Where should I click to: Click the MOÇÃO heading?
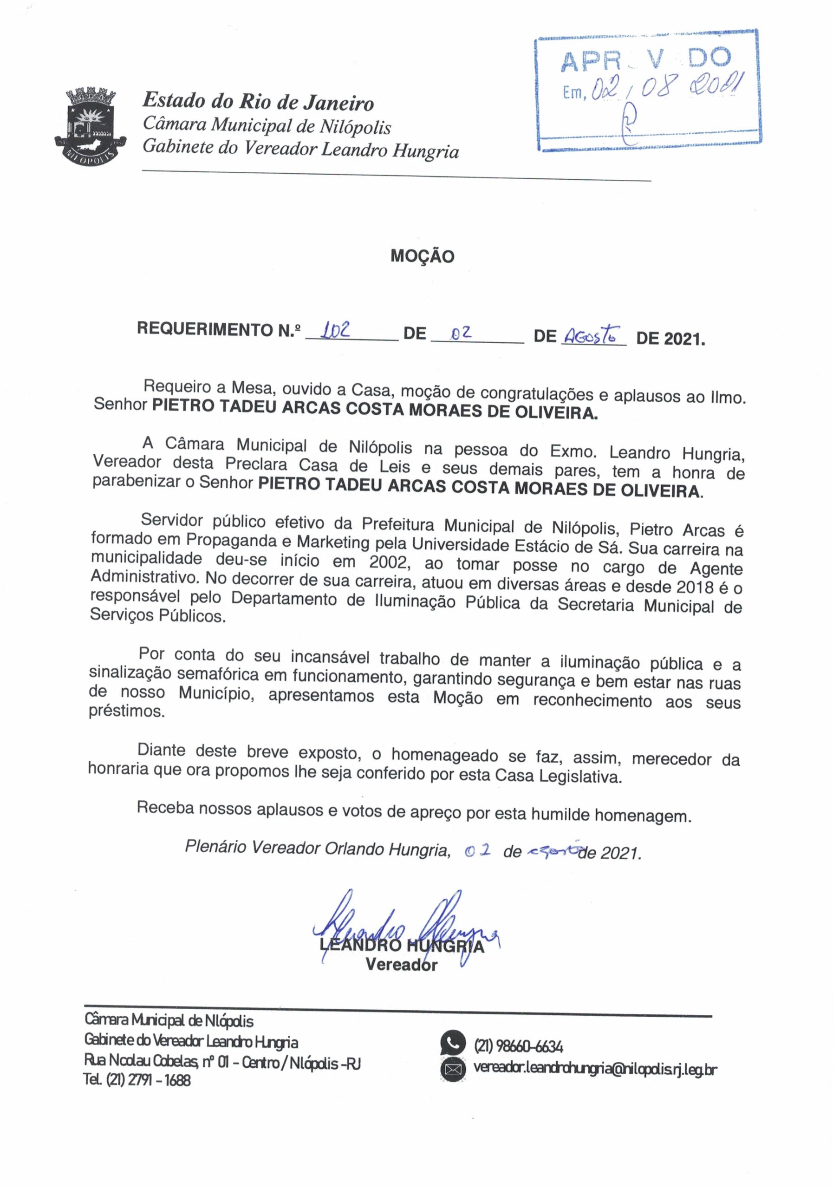422,256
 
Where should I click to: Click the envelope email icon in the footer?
452,1069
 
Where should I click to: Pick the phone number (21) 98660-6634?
518,1046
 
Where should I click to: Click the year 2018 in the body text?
695,587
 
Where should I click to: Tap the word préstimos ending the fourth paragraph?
126,711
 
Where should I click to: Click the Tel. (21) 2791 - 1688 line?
137,1080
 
